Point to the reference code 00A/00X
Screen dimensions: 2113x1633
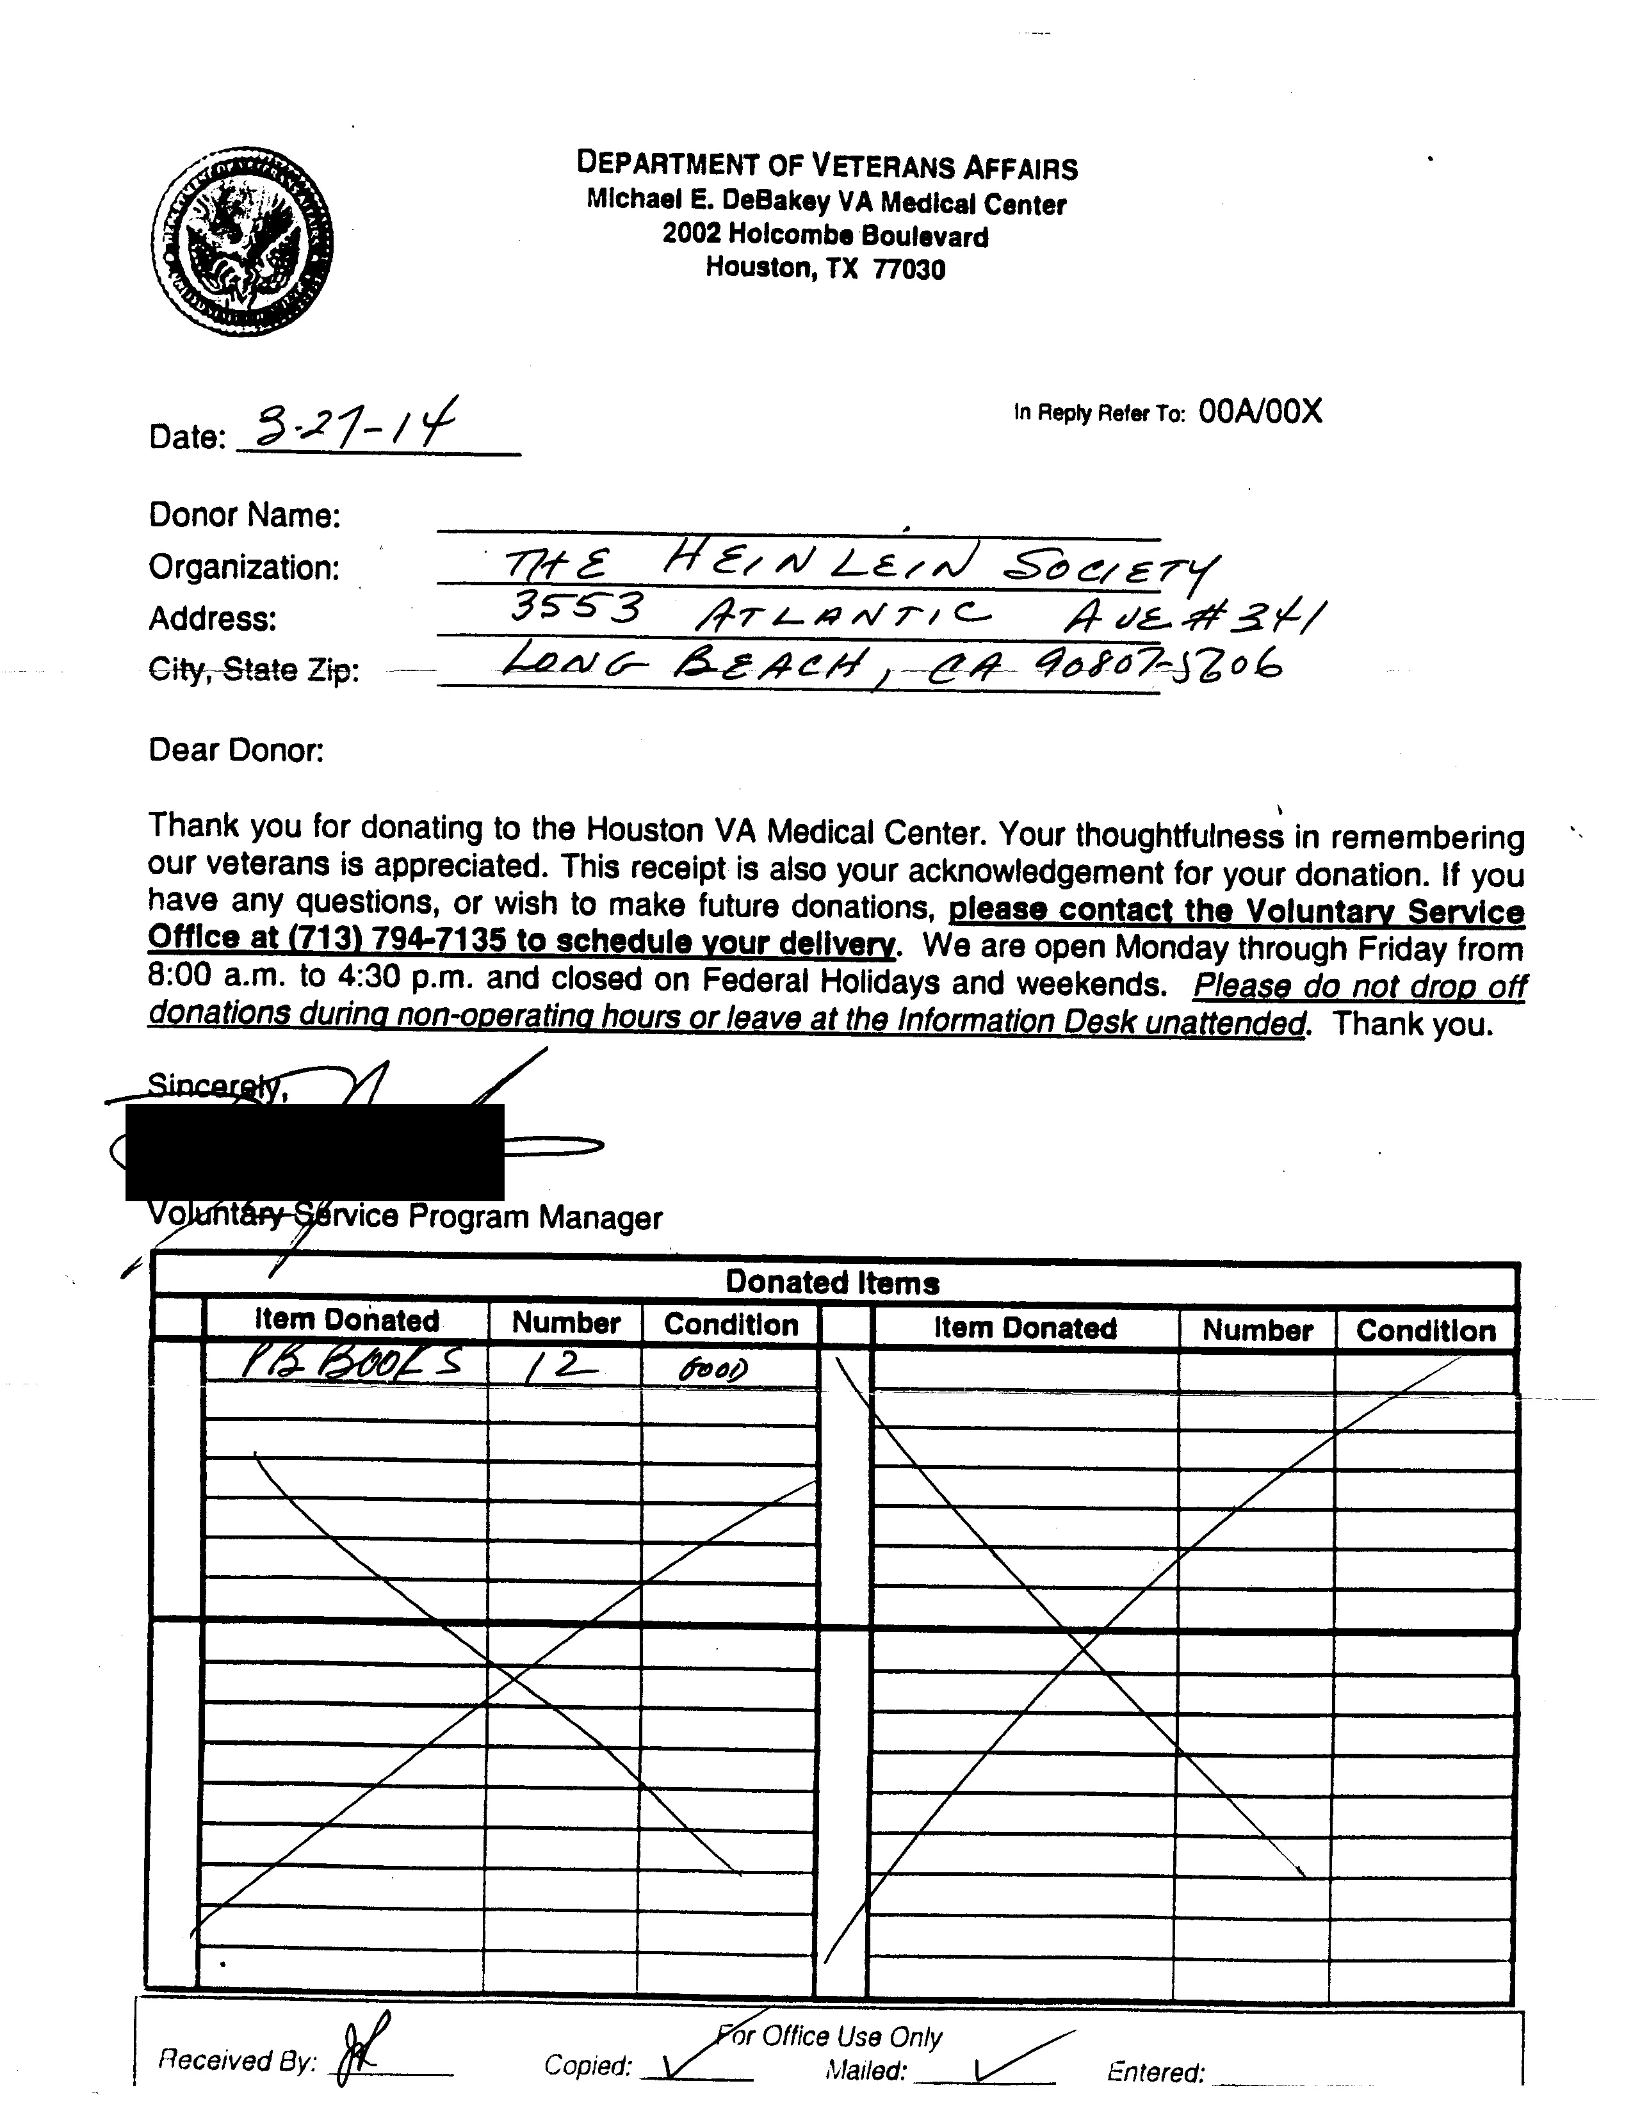point(1260,412)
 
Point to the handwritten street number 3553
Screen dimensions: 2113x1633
point(576,610)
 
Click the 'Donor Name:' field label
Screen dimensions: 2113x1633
point(244,515)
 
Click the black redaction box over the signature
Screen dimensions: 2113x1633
point(314,1153)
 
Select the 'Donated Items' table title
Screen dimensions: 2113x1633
point(832,1283)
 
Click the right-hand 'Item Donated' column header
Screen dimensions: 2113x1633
point(1025,1329)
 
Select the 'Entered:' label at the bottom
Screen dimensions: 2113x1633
point(1155,2073)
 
